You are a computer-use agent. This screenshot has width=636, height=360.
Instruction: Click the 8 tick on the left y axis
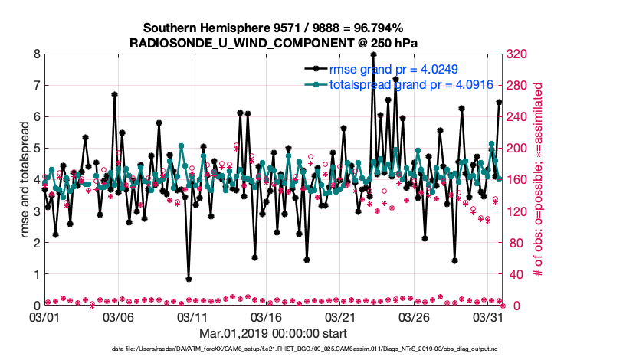pyautogui.click(x=36, y=54)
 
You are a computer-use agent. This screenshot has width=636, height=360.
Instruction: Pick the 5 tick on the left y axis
pyautogui.click(x=36, y=149)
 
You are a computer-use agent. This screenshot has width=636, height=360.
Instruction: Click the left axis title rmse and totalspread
pyautogui.click(x=25, y=180)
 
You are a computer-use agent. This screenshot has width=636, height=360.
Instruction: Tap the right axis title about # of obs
pyautogui.click(x=538, y=180)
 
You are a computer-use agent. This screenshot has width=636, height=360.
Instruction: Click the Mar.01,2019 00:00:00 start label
pyautogui.click(x=273, y=333)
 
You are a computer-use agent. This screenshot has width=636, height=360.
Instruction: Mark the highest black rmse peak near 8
pyautogui.click(x=373, y=55)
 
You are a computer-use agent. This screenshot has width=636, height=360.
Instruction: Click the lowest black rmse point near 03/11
pyautogui.click(x=189, y=279)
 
